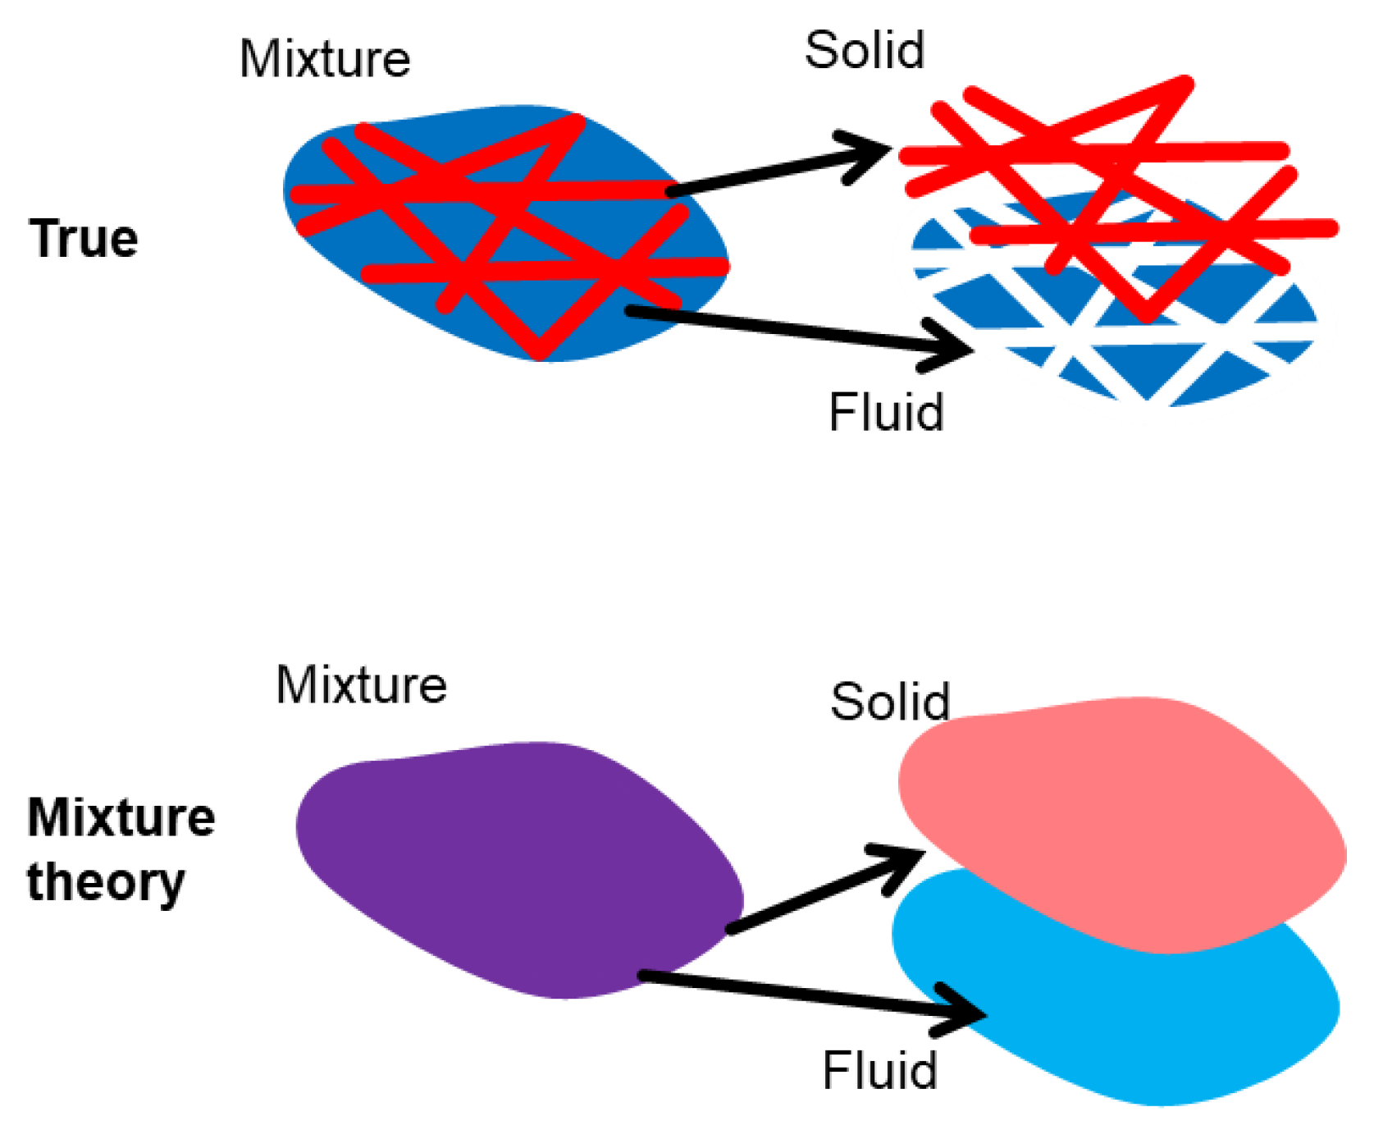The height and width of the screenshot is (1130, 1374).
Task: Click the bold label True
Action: pyautogui.click(x=84, y=239)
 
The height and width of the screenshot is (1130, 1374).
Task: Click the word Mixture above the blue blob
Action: pyautogui.click(x=325, y=59)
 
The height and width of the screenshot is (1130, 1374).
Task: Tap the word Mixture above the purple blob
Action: pyautogui.click(x=361, y=684)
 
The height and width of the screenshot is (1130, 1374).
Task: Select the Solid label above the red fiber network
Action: pyautogui.click(x=865, y=50)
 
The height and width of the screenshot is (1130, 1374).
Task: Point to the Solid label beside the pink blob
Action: pyautogui.click(x=890, y=702)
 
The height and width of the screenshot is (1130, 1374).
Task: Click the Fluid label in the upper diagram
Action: pyautogui.click(x=886, y=412)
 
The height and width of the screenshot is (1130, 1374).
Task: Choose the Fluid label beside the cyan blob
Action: pyautogui.click(x=879, y=1071)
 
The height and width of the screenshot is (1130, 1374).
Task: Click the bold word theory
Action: pyautogui.click(x=106, y=883)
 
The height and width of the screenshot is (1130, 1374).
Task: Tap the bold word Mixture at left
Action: pyautogui.click(x=121, y=818)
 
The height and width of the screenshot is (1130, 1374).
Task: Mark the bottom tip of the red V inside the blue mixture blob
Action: pyautogui.click(x=540, y=351)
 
